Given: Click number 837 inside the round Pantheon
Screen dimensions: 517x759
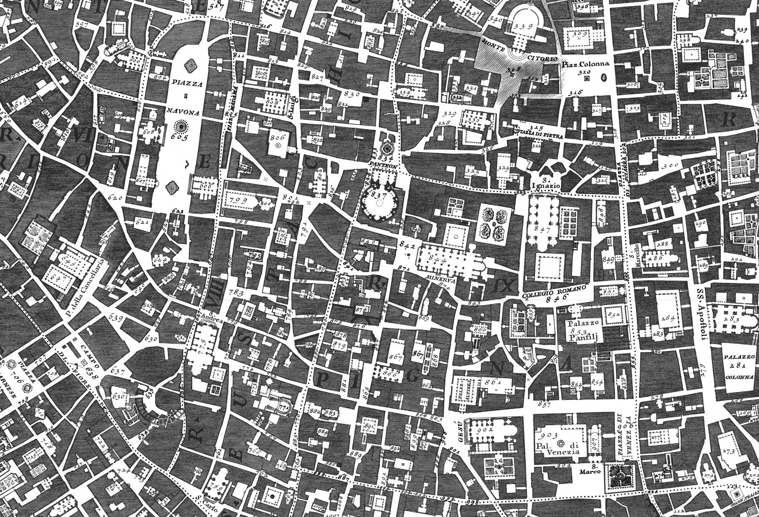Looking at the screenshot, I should click(378, 196).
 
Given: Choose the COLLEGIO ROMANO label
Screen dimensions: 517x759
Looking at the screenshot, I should click(554, 292).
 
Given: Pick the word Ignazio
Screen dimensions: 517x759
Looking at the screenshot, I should click(546, 186).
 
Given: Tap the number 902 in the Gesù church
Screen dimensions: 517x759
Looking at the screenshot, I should click(485, 430).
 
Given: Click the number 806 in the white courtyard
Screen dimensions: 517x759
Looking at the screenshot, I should click(277, 138).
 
